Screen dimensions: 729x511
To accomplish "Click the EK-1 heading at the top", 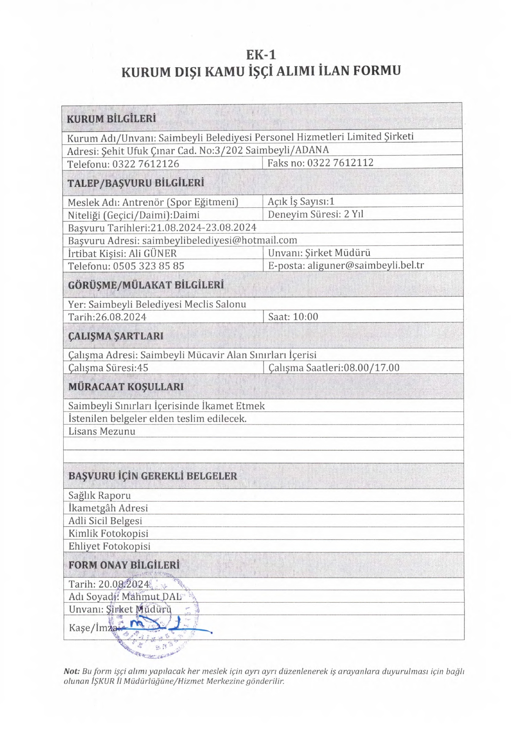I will [x=261, y=55].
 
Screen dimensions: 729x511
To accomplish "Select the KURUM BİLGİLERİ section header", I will [x=111, y=119].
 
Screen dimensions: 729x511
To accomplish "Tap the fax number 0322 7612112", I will [x=340, y=163].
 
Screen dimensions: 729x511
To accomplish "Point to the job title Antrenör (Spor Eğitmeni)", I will [x=180, y=202].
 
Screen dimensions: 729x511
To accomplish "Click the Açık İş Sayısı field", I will [x=301, y=202].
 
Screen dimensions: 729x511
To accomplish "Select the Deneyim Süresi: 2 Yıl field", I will [x=316, y=214].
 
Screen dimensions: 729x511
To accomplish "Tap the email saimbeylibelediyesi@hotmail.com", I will [x=219, y=240].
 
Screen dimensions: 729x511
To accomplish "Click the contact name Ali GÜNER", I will [x=153, y=253].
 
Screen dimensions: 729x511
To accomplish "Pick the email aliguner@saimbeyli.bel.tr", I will [x=365, y=265].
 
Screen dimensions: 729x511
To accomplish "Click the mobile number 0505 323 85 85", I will [x=148, y=266].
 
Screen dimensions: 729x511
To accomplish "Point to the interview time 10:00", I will [x=305, y=317].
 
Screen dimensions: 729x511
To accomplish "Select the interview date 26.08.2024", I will [x=121, y=317].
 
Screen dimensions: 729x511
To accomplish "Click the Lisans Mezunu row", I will [x=102, y=431].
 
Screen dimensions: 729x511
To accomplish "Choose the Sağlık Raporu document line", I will [x=99, y=495].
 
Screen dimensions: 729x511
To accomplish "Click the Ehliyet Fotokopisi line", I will [x=109, y=546].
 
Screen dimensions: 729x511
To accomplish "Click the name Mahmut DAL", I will [x=151, y=596].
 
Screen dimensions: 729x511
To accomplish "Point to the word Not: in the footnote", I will [x=71, y=671].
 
